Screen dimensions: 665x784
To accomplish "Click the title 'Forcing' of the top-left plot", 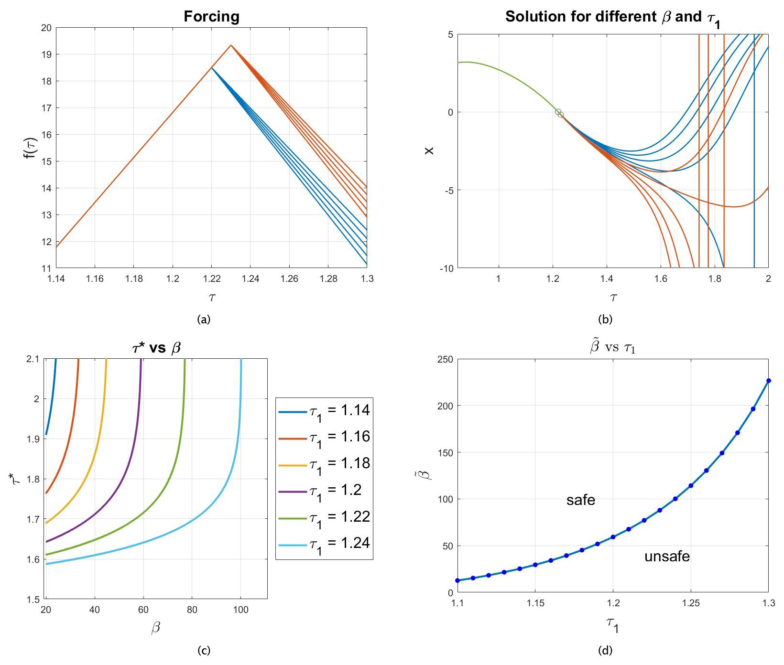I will pos(211,17).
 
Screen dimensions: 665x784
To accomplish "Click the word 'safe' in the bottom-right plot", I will pos(580,500).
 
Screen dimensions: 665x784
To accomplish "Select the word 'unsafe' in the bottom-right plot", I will pos(667,557).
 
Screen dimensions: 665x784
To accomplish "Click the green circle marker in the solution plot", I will pos(558,112).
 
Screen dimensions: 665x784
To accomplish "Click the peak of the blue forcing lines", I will pos(212,68).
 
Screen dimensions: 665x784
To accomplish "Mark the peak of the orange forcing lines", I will pos(231,45).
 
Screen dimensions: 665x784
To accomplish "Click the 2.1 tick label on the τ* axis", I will pos(33,359).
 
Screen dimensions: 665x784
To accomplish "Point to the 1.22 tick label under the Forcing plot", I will pos(212,279).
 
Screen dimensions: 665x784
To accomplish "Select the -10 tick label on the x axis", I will pos(446,268).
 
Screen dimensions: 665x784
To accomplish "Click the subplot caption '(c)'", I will pos(204,650).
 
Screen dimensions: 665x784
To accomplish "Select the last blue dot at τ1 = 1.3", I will pos(768,381).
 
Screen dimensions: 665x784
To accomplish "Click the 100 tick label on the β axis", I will pos(240,610).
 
